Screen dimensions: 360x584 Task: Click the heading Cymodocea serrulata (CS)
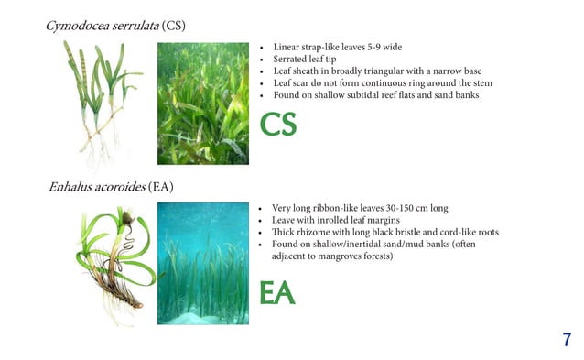tap(115, 25)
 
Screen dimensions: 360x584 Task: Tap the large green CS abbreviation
tap(278, 125)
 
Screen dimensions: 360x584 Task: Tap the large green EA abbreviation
tap(277, 293)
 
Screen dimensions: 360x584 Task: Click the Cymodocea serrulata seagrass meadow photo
tap(202, 104)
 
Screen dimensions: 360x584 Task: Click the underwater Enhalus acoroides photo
tap(202, 263)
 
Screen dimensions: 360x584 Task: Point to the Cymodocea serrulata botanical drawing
tap(101, 96)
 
